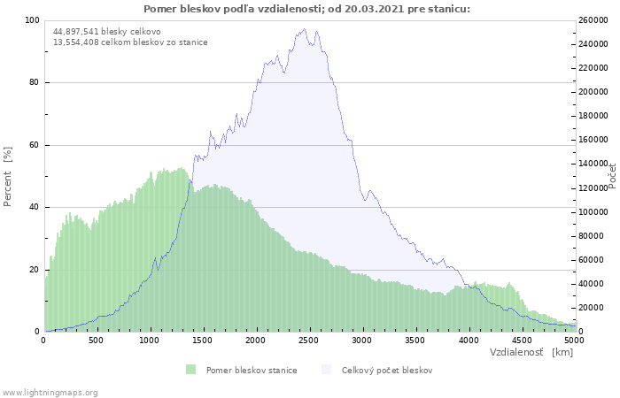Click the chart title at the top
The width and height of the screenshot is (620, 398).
click(306, 9)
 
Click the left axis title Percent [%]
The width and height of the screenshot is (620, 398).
click(8, 176)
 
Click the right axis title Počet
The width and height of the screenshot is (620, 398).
click(611, 175)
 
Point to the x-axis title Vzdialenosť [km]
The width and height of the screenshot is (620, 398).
click(531, 352)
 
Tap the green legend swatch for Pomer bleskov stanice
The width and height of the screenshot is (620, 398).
click(191, 370)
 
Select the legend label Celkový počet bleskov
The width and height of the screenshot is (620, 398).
click(387, 370)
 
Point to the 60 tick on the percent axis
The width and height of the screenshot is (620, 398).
click(35, 145)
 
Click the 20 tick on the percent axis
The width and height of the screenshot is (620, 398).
click(35, 270)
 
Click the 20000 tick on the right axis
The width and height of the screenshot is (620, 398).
click(593, 308)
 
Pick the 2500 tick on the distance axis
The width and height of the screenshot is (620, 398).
click(309, 340)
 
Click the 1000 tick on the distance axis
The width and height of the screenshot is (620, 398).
click(150, 340)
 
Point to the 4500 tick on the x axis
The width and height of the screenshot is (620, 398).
click(522, 340)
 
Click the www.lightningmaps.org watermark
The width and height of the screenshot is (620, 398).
click(50, 392)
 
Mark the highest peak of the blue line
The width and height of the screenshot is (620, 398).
click(305, 28)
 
